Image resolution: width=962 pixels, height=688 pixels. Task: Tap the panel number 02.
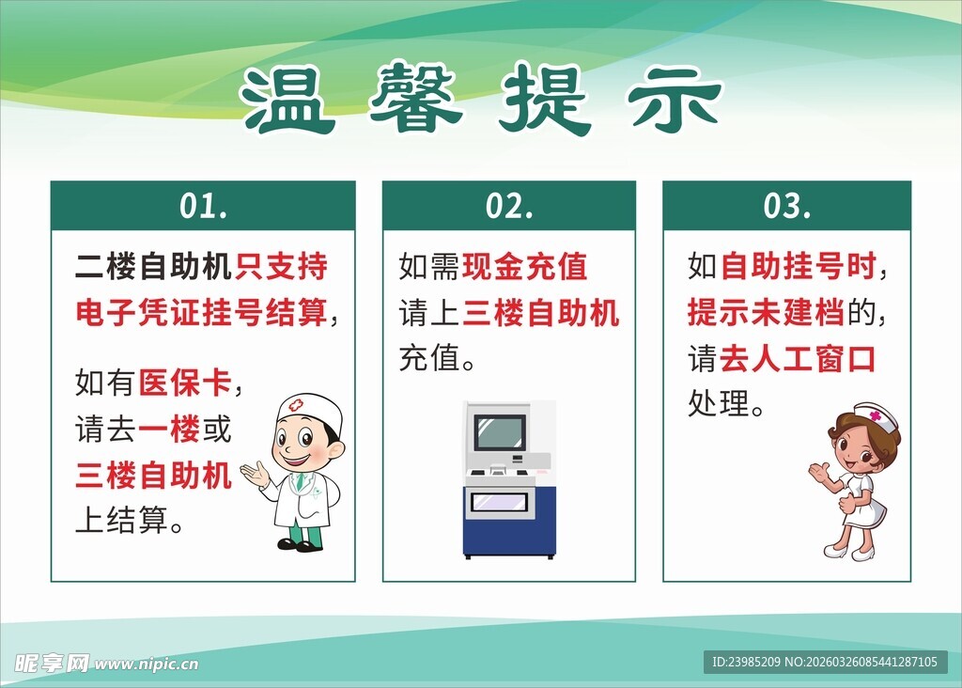509,206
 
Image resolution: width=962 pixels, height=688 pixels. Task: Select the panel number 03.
786,206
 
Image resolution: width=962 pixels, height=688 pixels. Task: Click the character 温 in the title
287,100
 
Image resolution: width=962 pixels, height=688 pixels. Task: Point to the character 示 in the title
674,100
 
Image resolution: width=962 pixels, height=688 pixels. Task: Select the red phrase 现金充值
524,267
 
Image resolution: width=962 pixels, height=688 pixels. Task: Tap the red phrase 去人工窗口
797,358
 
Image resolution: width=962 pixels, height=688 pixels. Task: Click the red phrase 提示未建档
766,312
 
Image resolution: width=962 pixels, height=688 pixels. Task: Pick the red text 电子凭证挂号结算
202,312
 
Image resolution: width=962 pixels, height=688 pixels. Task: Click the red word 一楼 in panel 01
169,430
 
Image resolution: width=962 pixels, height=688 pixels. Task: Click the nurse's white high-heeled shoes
848,552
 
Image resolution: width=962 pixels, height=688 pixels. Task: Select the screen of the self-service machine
499,432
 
